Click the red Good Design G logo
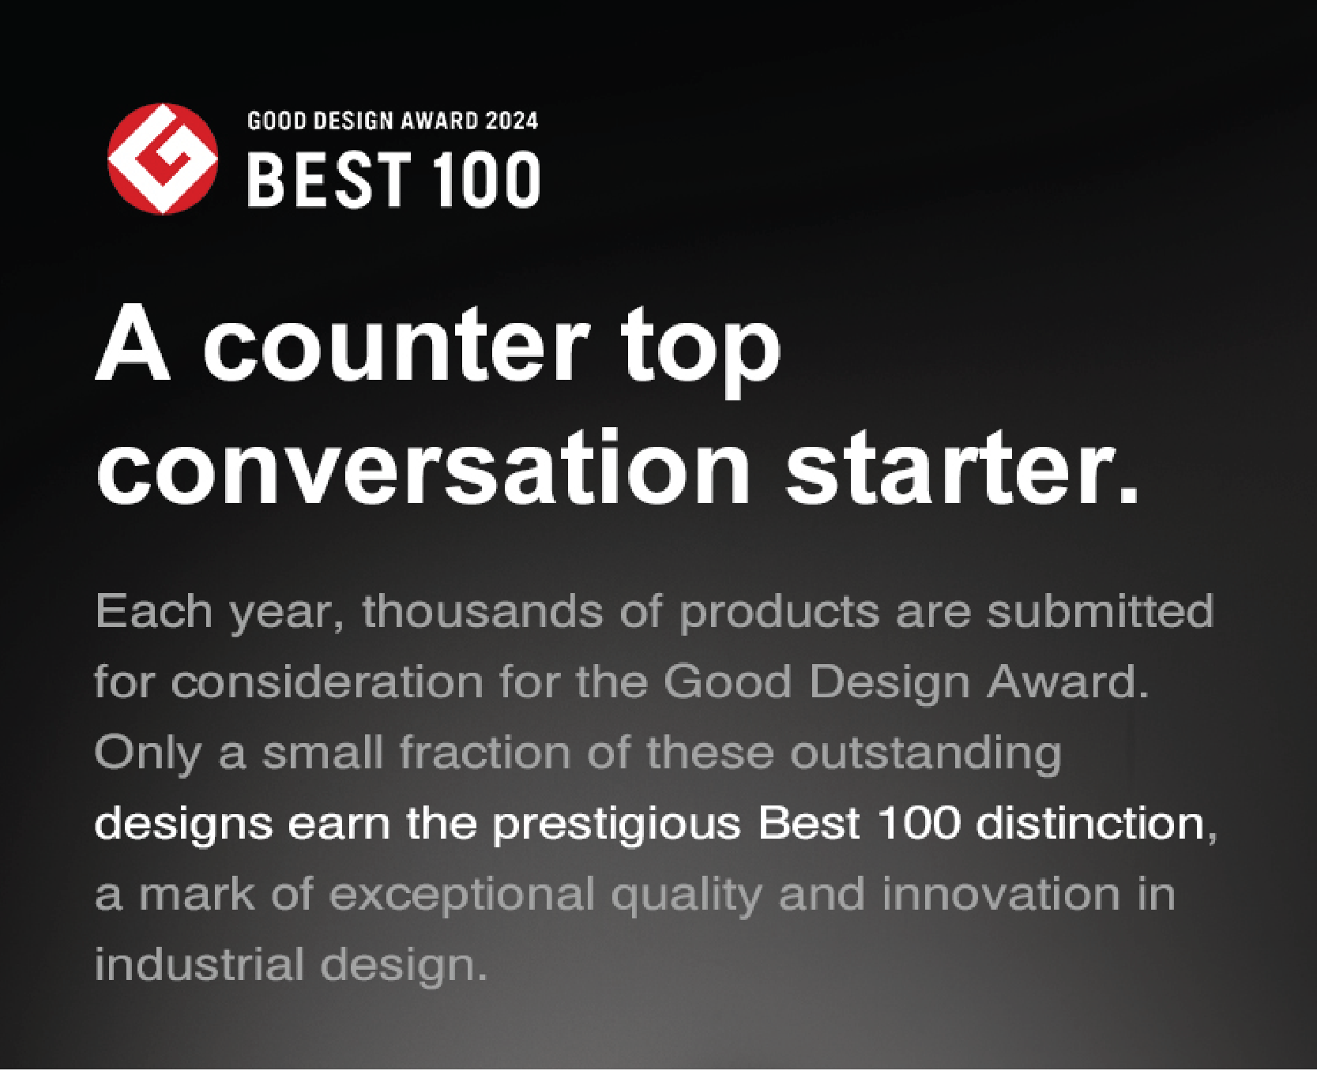coord(163,158)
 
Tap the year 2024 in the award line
coord(512,121)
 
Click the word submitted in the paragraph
coord(1100,611)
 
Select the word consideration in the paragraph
coord(327,681)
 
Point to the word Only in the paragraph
coord(148,754)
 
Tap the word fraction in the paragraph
coord(484,753)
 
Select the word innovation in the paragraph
coord(1001,894)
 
